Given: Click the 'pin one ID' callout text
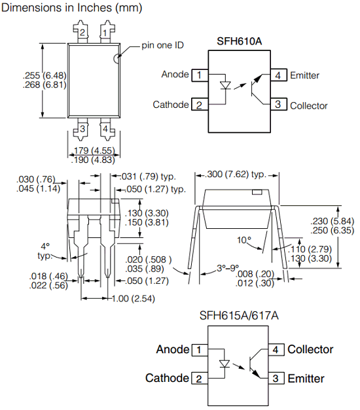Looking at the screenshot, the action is (162, 45).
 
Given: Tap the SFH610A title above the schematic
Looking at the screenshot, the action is (240, 41).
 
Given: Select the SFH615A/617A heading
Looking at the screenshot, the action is (239, 315).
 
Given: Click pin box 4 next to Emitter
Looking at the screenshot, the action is (279, 75).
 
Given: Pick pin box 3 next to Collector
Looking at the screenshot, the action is (279, 104).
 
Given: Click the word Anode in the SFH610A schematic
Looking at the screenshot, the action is (175, 75).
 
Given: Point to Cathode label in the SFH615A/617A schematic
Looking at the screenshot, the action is (167, 378).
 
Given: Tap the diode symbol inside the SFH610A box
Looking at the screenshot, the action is (225, 86).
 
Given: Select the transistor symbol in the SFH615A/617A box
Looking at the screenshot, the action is (255, 364).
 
